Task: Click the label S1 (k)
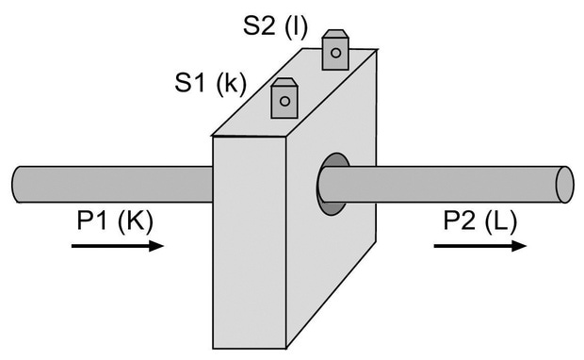pos(210,83)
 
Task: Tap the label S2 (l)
pos(276,26)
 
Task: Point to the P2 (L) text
pos(480,221)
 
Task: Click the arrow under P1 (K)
pos(118,246)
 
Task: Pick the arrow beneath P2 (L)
pos(480,246)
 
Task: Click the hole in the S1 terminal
pos(284,101)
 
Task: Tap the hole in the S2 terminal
pos(335,53)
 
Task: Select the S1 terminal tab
pos(284,98)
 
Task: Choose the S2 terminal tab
pos(335,50)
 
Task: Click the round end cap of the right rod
pos(564,185)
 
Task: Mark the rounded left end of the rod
pos(17,185)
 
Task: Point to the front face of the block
pos(250,242)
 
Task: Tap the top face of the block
pos(294,92)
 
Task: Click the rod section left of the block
pos(112,185)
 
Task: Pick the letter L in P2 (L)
pos(501,221)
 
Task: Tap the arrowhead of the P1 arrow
pos(156,246)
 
